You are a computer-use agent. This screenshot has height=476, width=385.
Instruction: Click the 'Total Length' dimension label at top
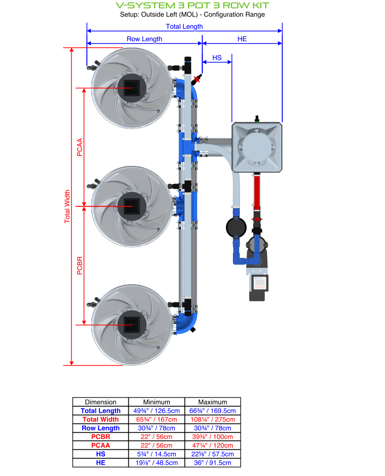click(184, 27)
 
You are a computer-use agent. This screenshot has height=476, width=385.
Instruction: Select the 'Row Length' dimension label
click(144, 39)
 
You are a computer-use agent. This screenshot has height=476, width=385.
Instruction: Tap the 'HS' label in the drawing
click(217, 58)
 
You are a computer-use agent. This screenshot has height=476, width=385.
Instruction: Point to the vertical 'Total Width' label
click(67, 207)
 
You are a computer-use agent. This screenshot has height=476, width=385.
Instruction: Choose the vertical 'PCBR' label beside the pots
click(80, 266)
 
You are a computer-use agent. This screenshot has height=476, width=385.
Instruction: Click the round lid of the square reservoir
click(257, 147)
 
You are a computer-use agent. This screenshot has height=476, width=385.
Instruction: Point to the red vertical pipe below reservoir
click(257, 192)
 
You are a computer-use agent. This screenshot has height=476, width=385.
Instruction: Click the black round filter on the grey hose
click(236, 227)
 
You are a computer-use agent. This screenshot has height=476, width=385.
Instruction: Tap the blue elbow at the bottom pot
click(186, 323)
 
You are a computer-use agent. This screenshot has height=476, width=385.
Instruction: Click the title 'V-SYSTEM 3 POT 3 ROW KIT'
click(192, 5)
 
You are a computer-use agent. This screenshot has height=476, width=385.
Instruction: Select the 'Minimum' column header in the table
click(157, 402)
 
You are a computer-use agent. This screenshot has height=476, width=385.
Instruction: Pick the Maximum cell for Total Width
click(212, 420)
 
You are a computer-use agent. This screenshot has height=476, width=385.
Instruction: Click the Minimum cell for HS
click(157, 454)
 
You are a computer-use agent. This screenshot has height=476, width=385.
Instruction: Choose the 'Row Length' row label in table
click(100, 429)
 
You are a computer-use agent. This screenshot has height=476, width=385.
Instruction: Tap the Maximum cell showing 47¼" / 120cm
click(212, 446)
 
